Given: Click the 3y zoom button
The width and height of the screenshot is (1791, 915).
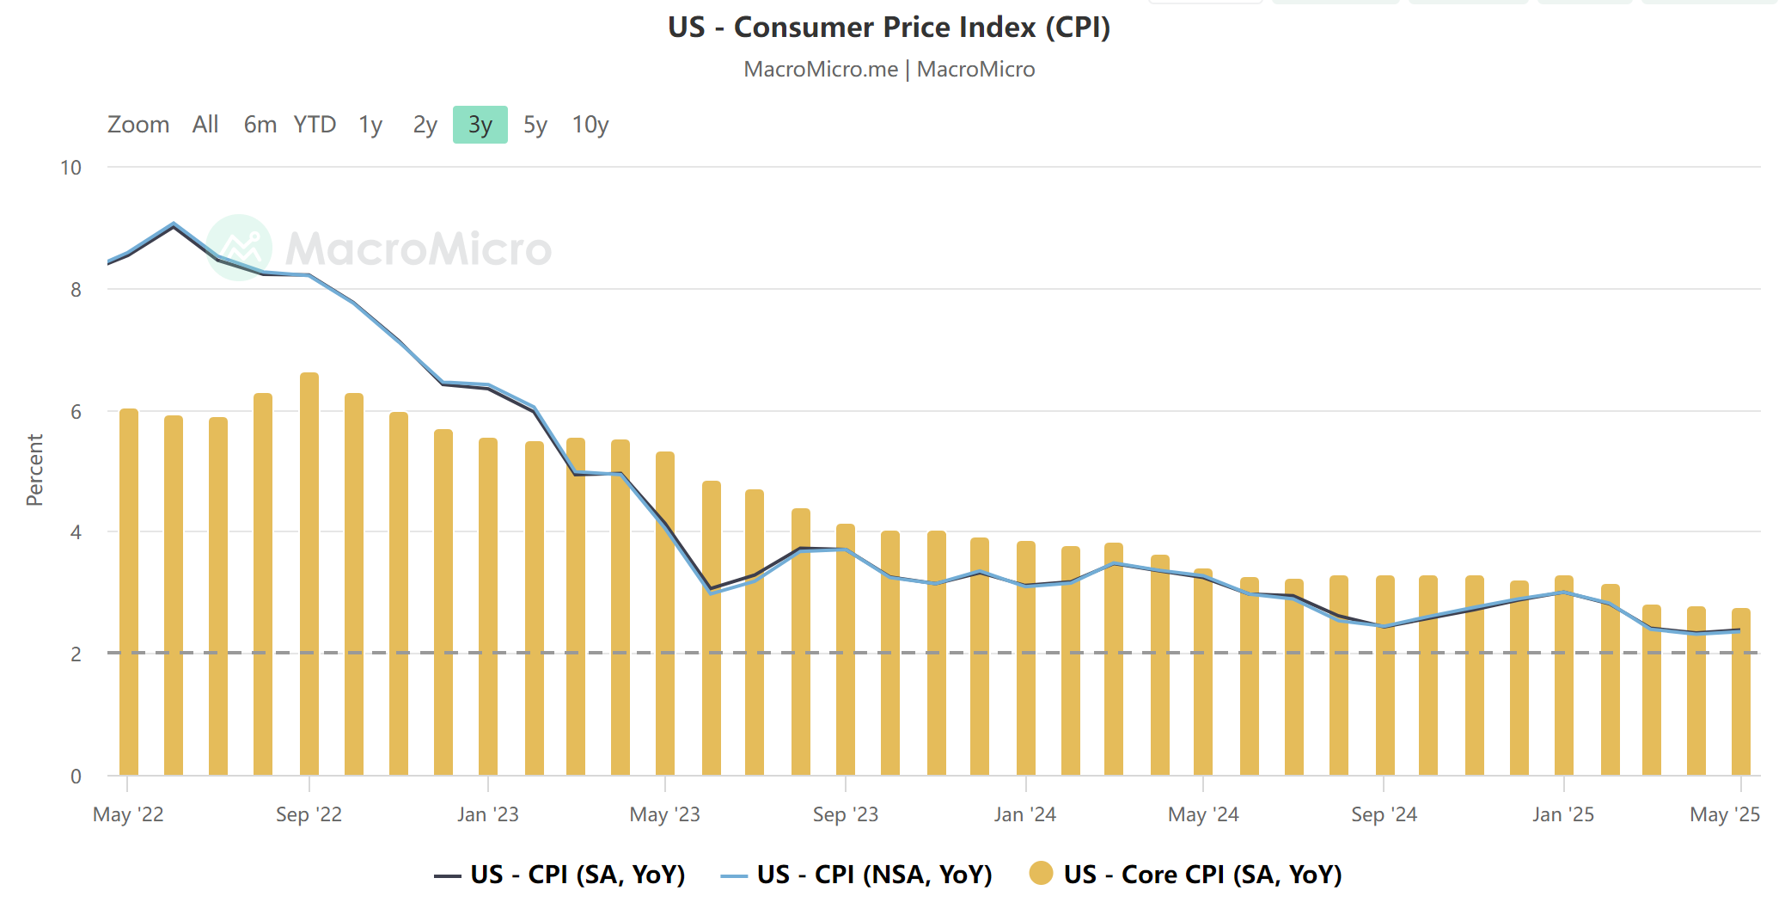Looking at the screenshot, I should click(x=480, y=125).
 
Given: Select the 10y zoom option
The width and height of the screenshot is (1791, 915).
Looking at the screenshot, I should click(x=590, y=125).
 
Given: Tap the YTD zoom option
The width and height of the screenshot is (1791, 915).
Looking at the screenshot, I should click(x=315, y=125).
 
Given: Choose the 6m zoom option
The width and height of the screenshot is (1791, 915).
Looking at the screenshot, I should click(x=260, y=125).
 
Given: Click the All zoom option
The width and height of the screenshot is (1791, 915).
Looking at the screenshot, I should click(x=205, y=125).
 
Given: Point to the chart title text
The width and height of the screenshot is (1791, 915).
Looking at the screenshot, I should click(x=889, y=28).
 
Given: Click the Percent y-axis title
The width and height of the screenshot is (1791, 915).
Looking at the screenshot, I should click(x=34, y=470).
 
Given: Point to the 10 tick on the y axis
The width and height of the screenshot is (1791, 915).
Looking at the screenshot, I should click(x=70, y=168).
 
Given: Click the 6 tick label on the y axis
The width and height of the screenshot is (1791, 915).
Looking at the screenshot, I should click(x=76, y=411).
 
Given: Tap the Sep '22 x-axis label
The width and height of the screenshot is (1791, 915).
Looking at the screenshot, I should click(x=309, y=814).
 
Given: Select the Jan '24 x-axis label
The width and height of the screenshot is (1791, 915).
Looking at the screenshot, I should click(x=1024, y=814).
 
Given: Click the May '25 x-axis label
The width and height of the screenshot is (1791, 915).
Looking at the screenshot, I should click(x=1724, y=814).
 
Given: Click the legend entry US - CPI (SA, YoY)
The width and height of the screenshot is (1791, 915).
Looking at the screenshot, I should click(x=559, y=875).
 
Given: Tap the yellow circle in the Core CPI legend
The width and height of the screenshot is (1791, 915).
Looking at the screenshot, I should click(x=1041, y=874).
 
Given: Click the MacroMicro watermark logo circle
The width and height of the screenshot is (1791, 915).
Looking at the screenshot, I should click(x=240, y=248).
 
